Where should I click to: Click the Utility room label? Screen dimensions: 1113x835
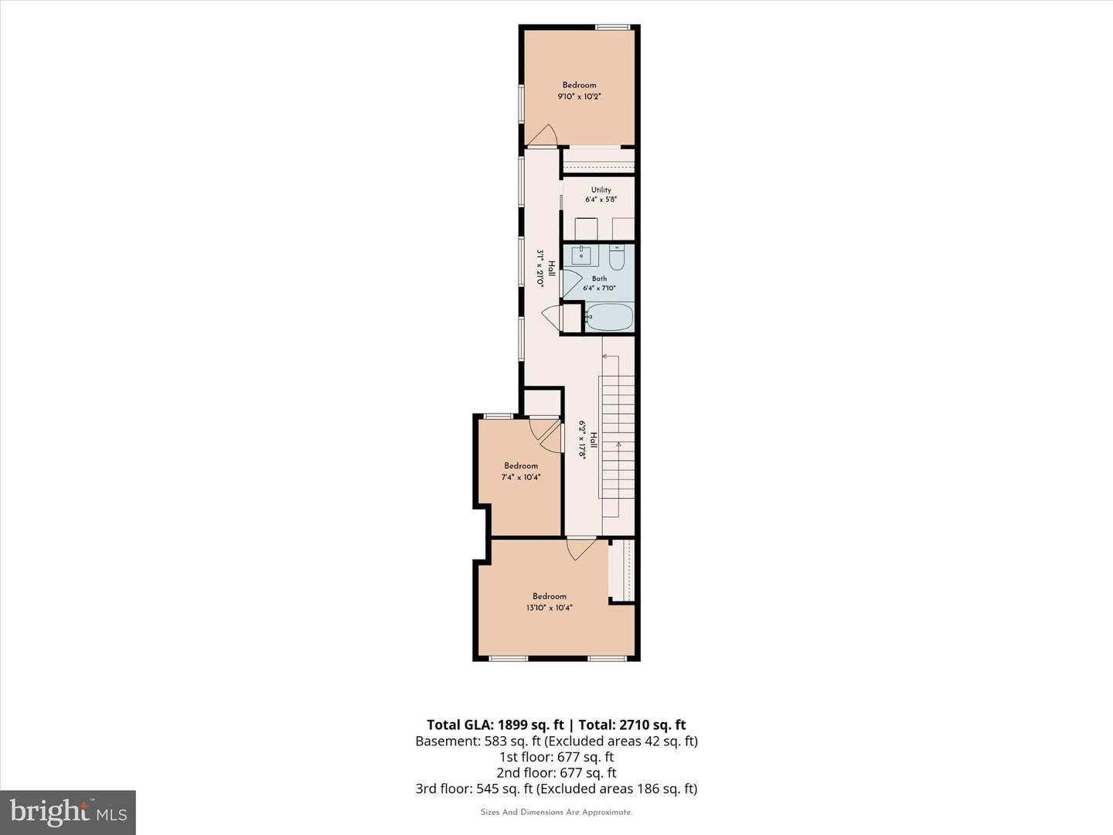(601, 189)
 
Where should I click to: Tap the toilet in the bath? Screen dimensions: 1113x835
(617, 257)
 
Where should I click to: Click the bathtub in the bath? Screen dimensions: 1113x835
(608, 317)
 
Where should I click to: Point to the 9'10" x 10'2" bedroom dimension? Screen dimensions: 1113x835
(579, 97)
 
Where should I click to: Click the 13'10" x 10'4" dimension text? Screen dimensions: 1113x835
(549, 608)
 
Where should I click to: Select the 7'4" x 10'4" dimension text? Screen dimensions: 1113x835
(521, 477)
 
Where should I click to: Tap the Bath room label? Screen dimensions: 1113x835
(599, 278)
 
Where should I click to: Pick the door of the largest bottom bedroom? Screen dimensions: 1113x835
(581, 549)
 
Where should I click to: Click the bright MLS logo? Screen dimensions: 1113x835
(68, 812)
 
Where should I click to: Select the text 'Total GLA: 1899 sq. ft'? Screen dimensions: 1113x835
(495, 724)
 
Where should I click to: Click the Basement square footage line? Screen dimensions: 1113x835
(556, 741)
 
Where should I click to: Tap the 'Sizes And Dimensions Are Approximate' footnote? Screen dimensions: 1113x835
(556, 812)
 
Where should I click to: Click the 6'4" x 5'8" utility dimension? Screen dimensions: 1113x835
(601, 199)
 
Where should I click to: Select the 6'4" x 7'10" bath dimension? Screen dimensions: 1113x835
(599, 288)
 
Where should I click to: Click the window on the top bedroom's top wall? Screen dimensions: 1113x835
(612, 27)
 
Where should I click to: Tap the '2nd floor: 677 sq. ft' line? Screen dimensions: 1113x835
(556, 772)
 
